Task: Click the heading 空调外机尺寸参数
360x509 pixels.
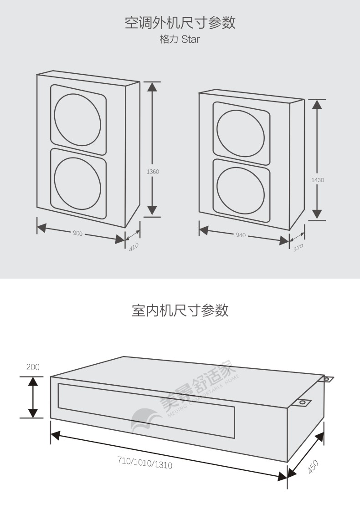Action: pyautogui.click(x=180, y=22)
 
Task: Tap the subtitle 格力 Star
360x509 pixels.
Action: pyautogui.click(x=180, y=39)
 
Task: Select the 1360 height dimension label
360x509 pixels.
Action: pyautogui.click(x=153, y=172)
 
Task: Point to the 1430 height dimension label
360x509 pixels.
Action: pyautogui.click(x=318, y=180)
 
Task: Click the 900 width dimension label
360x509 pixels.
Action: pyautogui.click(x=77, y=233)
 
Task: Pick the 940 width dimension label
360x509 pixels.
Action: pyautogui.click(x=241, y=235)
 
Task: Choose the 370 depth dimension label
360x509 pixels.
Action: pyautogui.click(x=298, y=247)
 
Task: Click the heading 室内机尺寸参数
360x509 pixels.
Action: pyautogui.click(x=180, y=310)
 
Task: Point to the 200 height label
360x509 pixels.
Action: pyautogui.click(x=33, y=367)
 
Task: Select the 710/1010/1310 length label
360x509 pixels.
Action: pyautogui.click(x=145, y=463)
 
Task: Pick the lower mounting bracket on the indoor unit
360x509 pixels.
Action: pyautogui.click(x=302, y=402)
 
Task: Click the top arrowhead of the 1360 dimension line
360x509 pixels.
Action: pyautogui.click(x=153, y=87)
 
